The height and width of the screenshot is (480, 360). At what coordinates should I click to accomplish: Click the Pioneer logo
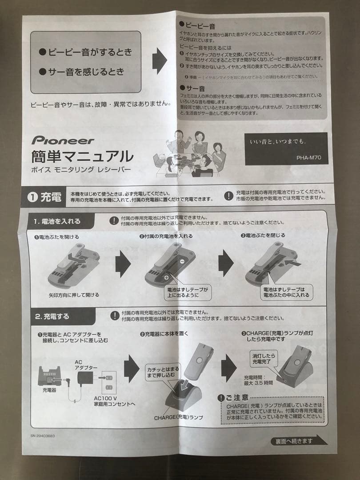[63, 140]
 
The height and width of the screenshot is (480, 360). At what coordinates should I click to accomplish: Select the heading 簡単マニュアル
[82, 156]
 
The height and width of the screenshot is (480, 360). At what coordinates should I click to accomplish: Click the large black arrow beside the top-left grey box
[159, 61]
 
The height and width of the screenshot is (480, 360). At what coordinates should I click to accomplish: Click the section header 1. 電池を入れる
[57, 221]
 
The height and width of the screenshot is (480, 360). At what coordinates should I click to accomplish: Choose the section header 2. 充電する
[52, 316]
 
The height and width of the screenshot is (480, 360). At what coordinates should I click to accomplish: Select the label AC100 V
[105, 398]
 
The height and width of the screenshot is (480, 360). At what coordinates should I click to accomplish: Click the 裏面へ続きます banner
[295, 441]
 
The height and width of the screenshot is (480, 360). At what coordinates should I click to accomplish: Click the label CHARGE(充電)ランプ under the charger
[179, 418]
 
